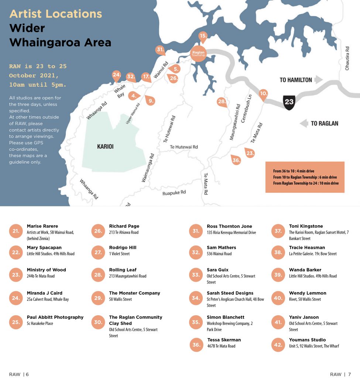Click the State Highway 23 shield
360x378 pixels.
pos(289,102)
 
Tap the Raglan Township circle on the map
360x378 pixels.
pos(198,54)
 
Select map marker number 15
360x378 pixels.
pos(203,36)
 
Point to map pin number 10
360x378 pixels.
pos(263,94)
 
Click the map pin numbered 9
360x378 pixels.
pos(150,100)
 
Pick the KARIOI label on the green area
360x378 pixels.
pos(105,147)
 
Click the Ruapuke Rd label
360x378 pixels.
pos(174,193)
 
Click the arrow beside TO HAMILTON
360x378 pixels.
pos(319,80)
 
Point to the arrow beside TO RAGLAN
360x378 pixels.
pos(304,123)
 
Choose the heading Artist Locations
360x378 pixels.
pos(55,14)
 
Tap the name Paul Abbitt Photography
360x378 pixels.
pos(55,317)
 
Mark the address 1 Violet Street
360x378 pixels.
pos(119,254)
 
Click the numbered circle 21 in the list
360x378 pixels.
pos(16,231)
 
